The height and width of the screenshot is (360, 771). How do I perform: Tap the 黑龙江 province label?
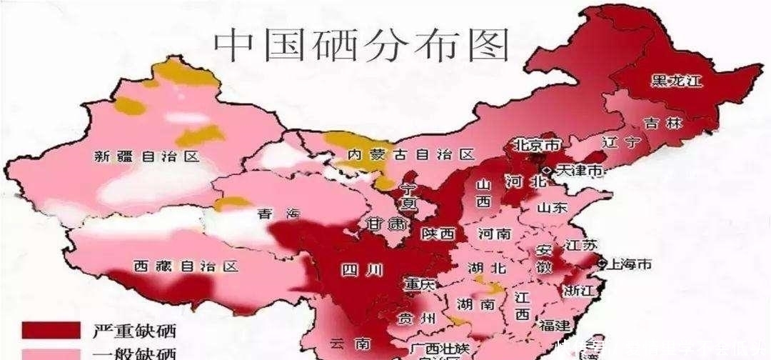675,80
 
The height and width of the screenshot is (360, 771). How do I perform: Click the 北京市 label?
535,145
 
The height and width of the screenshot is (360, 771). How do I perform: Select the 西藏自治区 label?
185,266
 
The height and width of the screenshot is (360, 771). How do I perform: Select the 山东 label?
552,208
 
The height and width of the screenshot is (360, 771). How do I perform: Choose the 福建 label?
555,326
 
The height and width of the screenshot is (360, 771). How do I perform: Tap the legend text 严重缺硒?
134,331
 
